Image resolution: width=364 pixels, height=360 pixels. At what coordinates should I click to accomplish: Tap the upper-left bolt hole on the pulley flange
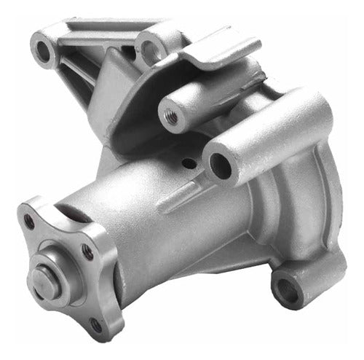tap(30, 218)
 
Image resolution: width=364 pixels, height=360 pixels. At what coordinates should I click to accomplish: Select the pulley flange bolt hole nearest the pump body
tap(87, 251)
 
